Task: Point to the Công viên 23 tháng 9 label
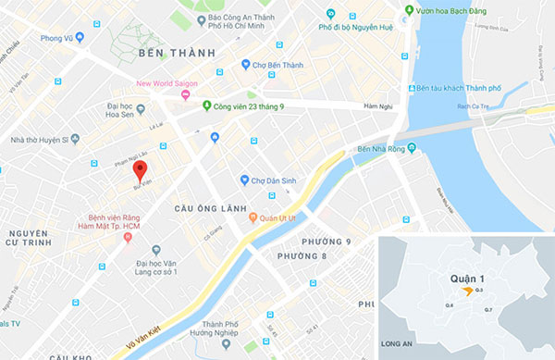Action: pyautogui.click(x=253, y=105)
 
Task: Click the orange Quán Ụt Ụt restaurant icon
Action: pyautogui.click(x=253, y=219)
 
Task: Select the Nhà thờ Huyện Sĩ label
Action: pyautogui.click(x=40, y=139)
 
